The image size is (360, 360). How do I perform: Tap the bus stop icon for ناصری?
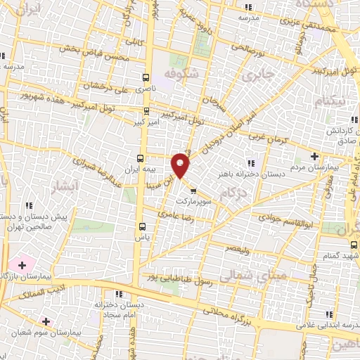[x=146, y=78]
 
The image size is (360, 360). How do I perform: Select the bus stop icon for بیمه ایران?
[x=141, y=158]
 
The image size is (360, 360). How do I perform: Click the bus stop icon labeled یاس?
[x=143, y=226]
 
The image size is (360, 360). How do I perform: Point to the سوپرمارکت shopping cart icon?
[x=193, y=189]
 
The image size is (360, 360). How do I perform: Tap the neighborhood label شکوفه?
[x=181, y=74]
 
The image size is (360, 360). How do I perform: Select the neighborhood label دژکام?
[x=233, y=193]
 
